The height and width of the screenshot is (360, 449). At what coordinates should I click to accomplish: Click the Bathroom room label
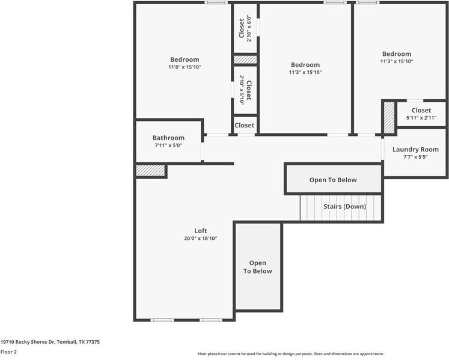point(168,138)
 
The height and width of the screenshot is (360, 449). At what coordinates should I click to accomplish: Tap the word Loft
point(200,231)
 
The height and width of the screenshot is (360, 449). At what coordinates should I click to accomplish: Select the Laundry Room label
point(415,149)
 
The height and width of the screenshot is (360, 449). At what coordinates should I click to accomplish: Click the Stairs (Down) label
point(344,206)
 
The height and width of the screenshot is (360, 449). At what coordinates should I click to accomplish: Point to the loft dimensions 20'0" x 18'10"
point(200,239)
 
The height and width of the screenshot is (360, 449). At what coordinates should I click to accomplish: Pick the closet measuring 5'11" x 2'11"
point(421,114)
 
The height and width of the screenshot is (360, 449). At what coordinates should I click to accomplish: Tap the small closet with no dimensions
point(244,125)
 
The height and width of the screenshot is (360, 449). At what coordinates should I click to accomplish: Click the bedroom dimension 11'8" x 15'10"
point(184,67)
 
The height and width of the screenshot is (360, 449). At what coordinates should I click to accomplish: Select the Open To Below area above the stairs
point(333,180)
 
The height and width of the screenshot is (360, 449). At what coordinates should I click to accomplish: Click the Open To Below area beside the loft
point(257,267)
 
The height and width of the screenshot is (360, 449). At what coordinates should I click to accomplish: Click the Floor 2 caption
point(8,352)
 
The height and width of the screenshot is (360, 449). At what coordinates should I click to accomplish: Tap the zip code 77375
point(92,341)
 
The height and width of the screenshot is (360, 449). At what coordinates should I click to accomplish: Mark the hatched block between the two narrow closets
point(245,59)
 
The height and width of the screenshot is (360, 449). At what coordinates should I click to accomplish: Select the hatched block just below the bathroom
point(150,171)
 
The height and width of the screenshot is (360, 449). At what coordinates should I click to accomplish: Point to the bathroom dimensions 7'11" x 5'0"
point(168,145)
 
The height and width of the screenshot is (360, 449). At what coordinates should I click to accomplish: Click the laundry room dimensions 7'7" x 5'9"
point(415,157)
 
